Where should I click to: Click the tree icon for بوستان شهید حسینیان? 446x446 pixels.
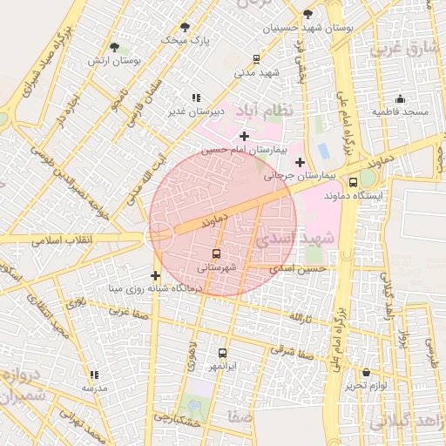click(x=307, y=14)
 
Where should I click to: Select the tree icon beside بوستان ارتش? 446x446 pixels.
click(x=115, y=46)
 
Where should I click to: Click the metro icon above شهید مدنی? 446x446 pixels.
click(x=256, y=59)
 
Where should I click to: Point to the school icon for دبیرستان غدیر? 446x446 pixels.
click(x=196, y=98)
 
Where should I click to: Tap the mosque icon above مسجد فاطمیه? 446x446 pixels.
click(x=400, y=98)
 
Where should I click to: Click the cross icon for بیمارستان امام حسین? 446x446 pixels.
click(x=244, y=136)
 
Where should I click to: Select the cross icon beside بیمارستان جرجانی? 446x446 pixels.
click(x=300, y=161)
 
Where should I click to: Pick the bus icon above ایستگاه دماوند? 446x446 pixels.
click(x=353, y=182)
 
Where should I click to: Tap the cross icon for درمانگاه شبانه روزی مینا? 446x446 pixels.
click(x=155, y=276)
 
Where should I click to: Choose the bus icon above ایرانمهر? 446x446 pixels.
click(x=222, y=354)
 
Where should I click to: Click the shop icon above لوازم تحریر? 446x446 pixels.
click(x=366, y=373)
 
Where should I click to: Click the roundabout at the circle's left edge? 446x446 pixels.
click(x=159, y=234)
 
